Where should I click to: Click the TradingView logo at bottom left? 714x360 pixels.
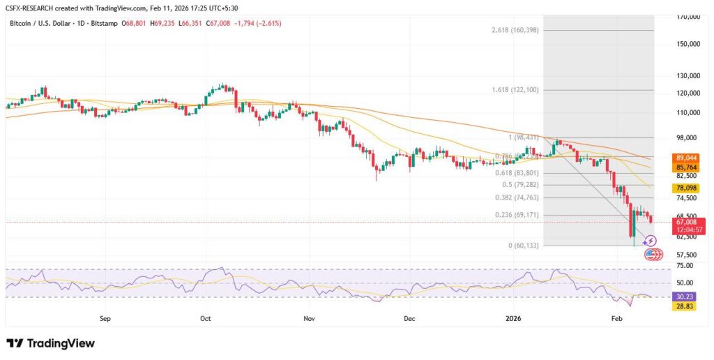(50, 343)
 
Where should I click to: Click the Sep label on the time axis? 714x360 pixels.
(105, 318)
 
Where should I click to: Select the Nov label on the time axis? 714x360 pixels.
(310, 318)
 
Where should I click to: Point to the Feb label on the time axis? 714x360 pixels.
(616, 318)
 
